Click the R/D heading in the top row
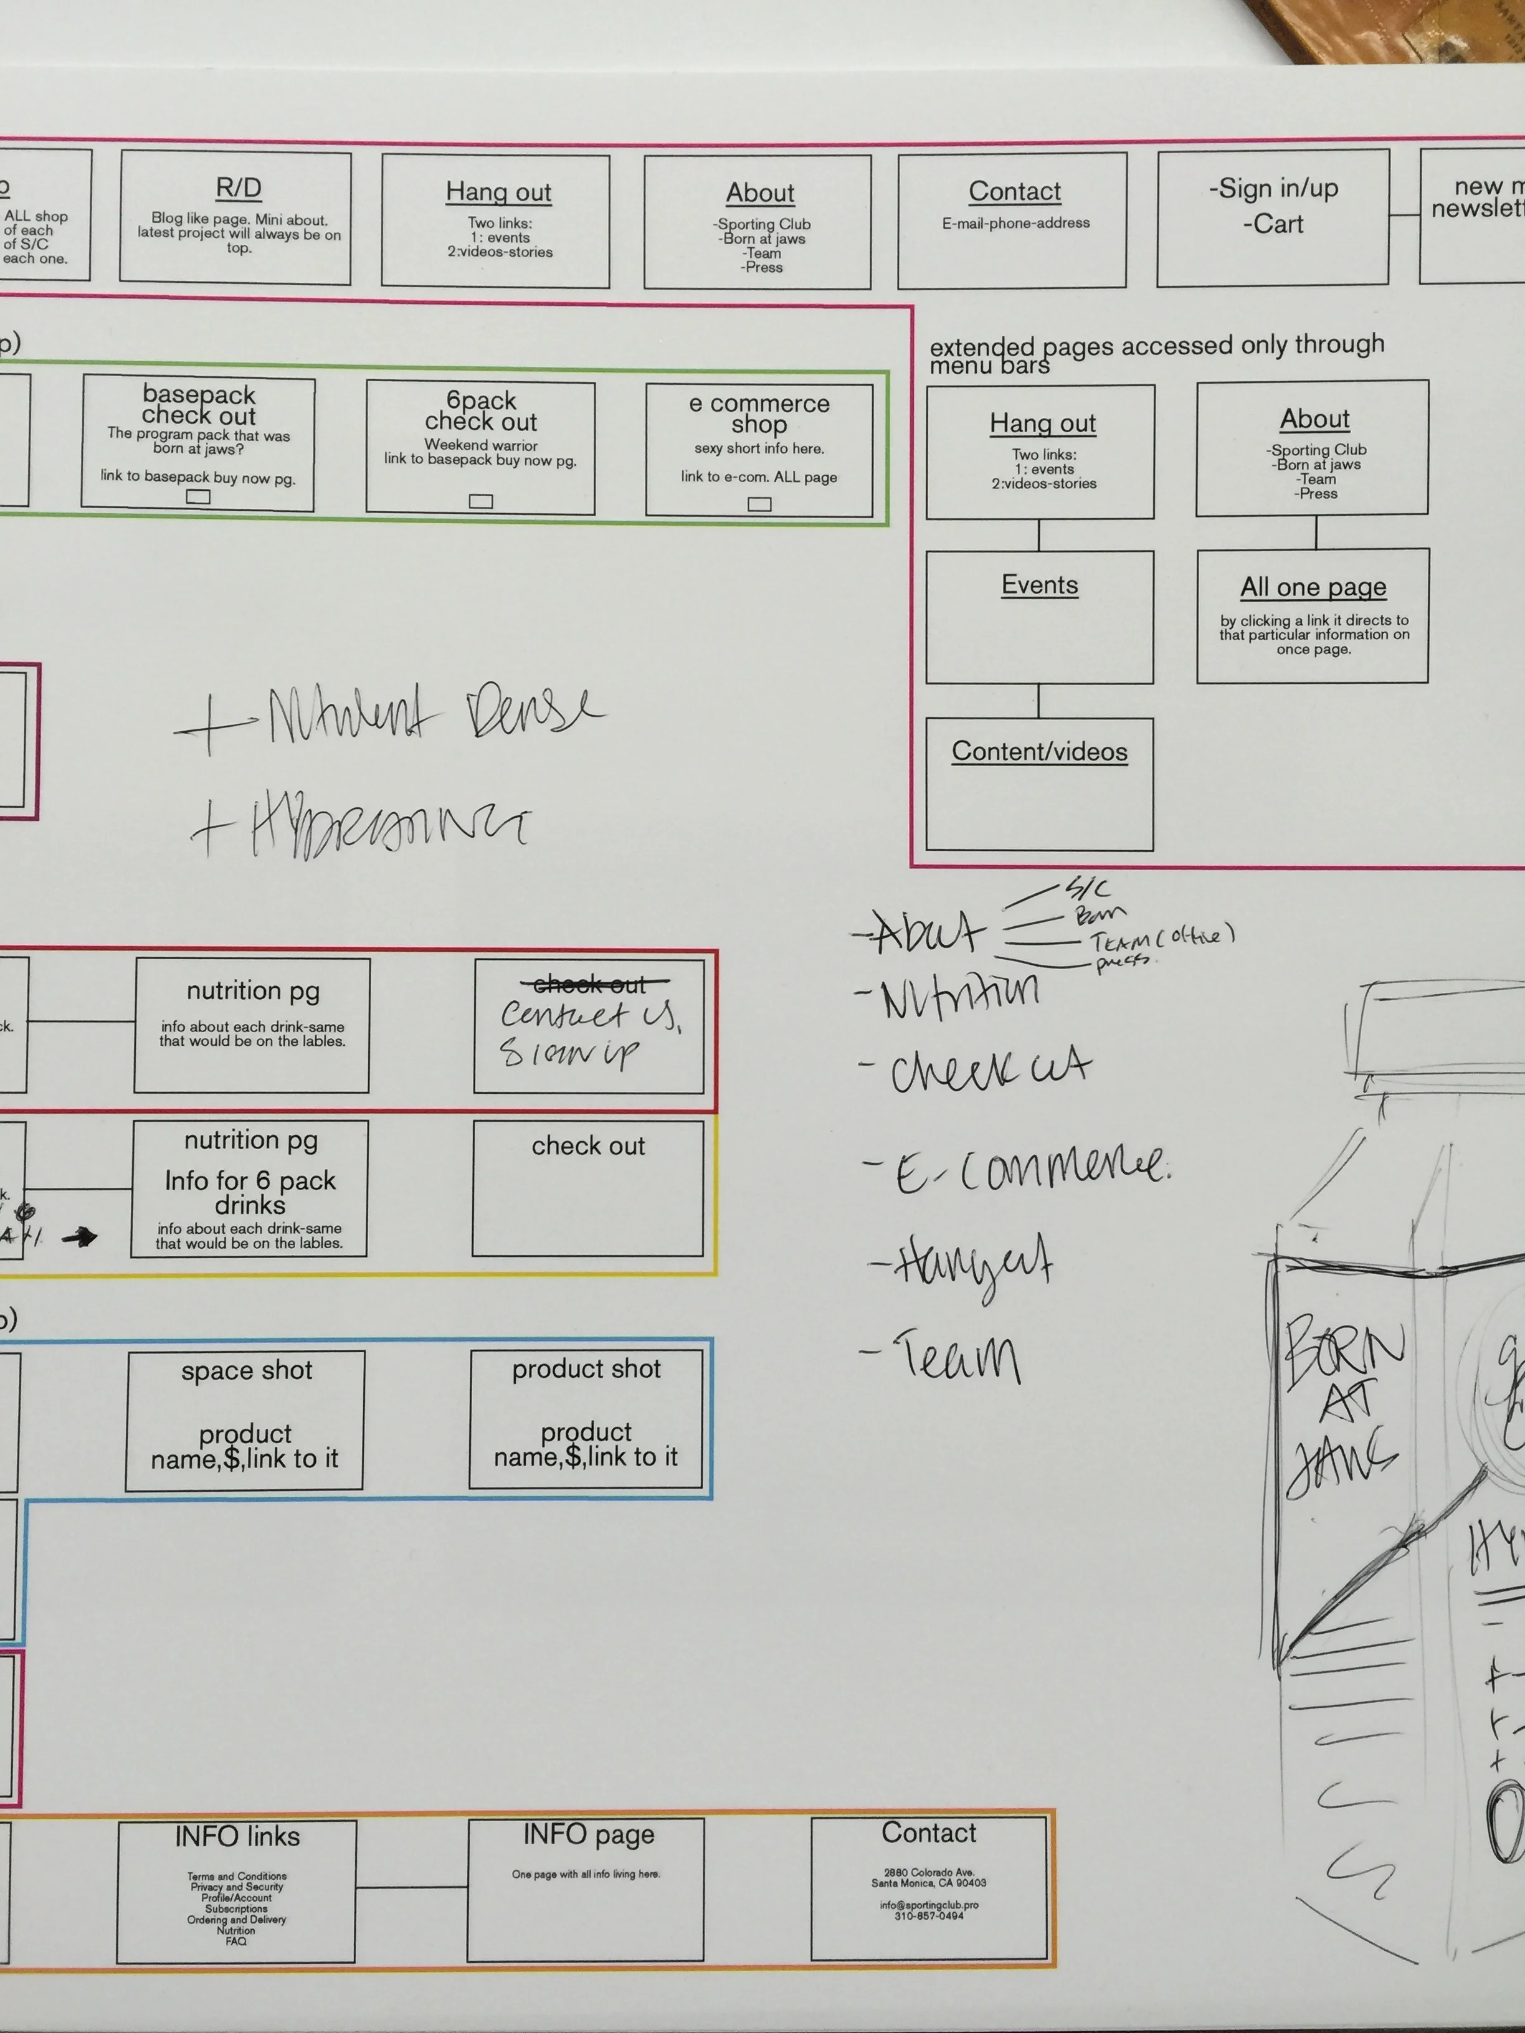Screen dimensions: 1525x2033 coord(238,188)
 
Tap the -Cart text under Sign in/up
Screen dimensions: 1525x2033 coord(1273,224)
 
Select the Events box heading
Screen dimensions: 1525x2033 coord(1040,585)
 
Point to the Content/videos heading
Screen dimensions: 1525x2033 coord(1040,752)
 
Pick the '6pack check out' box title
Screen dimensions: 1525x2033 coord(481,412)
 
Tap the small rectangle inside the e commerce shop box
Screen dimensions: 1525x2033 coord(759,504)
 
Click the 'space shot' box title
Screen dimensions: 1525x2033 coord(246,1370)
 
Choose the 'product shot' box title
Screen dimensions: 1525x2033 coord(586,1368)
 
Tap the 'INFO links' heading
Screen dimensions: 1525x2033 coord(237,1836)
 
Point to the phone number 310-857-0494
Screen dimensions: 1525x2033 coord(928,1917)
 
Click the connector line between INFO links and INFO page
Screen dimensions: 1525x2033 coord(411,1888)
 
